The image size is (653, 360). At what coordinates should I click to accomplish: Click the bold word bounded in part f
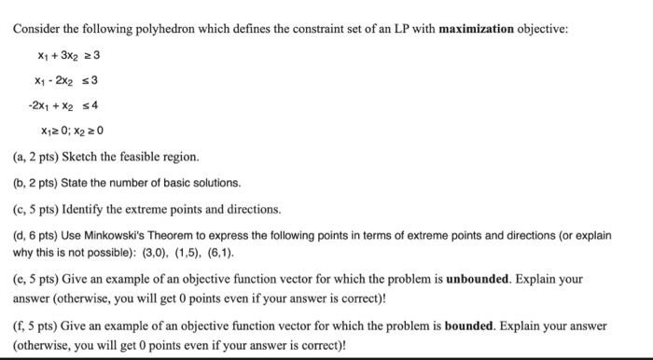(473, 326)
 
